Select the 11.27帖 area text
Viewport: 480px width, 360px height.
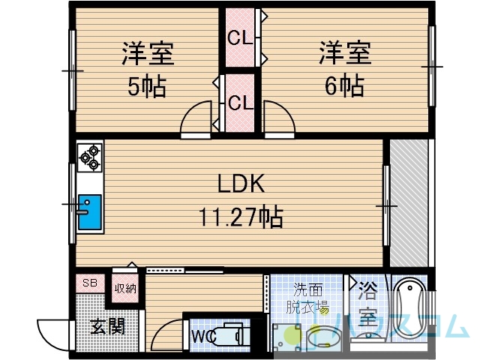[x=241, y=217]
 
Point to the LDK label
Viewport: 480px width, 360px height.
[x=241, y=183]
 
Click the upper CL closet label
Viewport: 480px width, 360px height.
[x=240, y=39]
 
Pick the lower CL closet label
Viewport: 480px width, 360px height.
[x=241, y=103]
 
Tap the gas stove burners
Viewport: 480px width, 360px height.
[x=90, y=157]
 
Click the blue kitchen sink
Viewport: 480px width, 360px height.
[x=89, y=212]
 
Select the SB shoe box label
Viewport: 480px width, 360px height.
[x=90, y=283]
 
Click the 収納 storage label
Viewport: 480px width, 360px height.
[x=125, y=288]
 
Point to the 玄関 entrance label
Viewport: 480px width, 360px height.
[x=108, y=326]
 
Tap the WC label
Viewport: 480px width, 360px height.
[x=203, y=337]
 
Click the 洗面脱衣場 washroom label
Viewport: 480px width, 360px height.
[x=307, y=298]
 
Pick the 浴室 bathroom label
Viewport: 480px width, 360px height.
[x=367, y=303]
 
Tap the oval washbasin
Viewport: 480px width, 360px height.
[x=320, y=339]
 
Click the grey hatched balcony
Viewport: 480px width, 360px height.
[x=409, y=203]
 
